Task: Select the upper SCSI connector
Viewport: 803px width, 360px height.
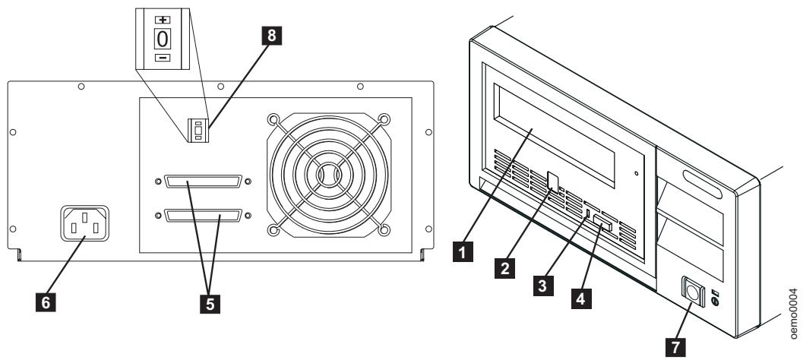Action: click(203, 182)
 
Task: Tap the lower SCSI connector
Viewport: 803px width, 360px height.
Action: click(203, 216)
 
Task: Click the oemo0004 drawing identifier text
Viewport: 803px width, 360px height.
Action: click(793, 311)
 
